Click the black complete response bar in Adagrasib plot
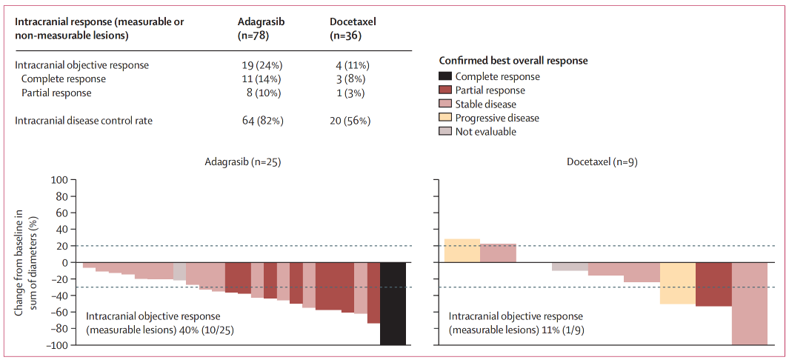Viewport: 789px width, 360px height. (x=392, y=304)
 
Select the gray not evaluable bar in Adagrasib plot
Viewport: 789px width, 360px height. (x=179, y=271)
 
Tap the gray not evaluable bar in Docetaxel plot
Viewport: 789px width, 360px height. (x=570, y=267)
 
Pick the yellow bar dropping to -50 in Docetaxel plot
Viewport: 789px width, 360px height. (x=677, y=283)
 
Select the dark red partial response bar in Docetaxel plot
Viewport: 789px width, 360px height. (x=713, y=284)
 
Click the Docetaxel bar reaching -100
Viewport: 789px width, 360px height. (x=750, y=304)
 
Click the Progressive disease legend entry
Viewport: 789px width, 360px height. (x=497, y=118)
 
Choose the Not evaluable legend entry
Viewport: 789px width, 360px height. (x=485, y=132)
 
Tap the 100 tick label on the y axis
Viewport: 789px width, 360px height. (x=60, y=180)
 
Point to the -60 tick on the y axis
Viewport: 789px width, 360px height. (x=60, y=312)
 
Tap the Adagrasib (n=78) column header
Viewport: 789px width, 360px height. (x=261, y=28)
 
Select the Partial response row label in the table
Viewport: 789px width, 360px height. (x=56, y=93)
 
